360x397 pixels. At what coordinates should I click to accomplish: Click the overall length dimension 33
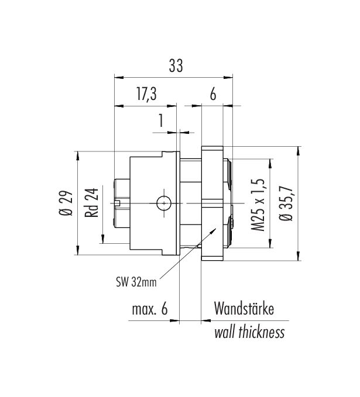coord(175,67)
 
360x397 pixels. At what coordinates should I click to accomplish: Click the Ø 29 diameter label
coord(66,203)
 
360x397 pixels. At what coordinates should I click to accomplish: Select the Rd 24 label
coord(92,203)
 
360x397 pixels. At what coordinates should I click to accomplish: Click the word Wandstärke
coord(244,308)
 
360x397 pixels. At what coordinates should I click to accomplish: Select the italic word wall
coord(225,333)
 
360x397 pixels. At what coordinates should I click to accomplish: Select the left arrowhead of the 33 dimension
coord(117,77)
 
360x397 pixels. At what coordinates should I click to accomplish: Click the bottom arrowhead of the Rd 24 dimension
coord(104,240)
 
